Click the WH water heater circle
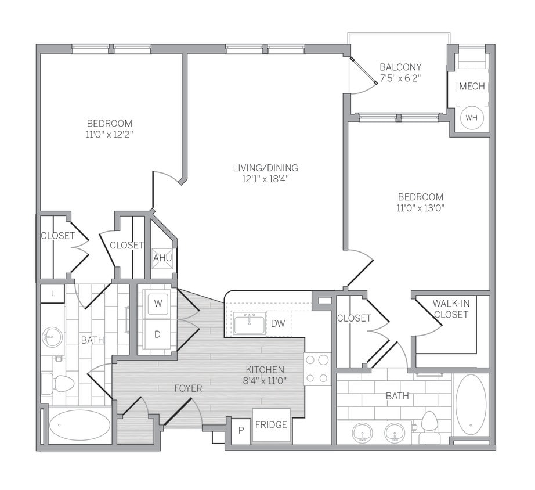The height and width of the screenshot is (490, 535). pos(471,118)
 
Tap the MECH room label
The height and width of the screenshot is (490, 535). pos(471,87)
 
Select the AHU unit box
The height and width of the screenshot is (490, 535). pos(162,258)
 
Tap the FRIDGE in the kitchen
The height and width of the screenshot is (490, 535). pos(271,425)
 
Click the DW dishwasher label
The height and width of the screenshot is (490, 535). pos(278,323)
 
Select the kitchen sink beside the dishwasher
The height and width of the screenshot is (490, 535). pos(250,323)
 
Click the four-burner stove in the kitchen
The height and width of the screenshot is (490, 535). pos(317,369)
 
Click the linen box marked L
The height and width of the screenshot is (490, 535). pos(52,294)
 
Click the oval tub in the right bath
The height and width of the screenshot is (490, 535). pos(471,404)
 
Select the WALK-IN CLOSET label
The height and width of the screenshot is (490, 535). pos(450,309)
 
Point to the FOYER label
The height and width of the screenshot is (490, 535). pos(188,388)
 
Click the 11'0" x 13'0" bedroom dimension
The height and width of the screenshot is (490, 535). pos(420,208)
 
